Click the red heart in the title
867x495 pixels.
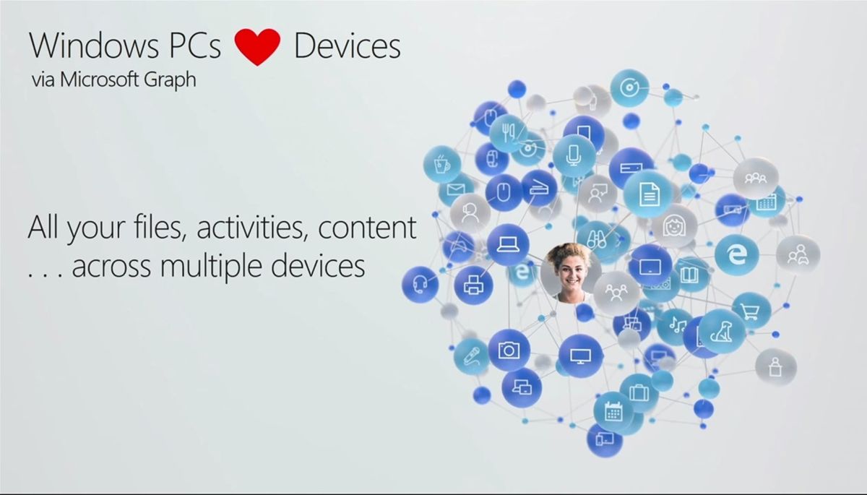[256, 46]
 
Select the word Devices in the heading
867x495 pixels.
[347, 46]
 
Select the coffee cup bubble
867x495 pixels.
[441, 164]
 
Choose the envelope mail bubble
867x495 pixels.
[455, 189]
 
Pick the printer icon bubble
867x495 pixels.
[473, 285]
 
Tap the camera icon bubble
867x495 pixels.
[509, 350]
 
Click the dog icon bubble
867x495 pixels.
[721, 332]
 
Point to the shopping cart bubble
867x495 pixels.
[751, 311]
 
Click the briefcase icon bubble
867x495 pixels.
[639, 392]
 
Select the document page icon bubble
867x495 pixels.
[648, 194]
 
